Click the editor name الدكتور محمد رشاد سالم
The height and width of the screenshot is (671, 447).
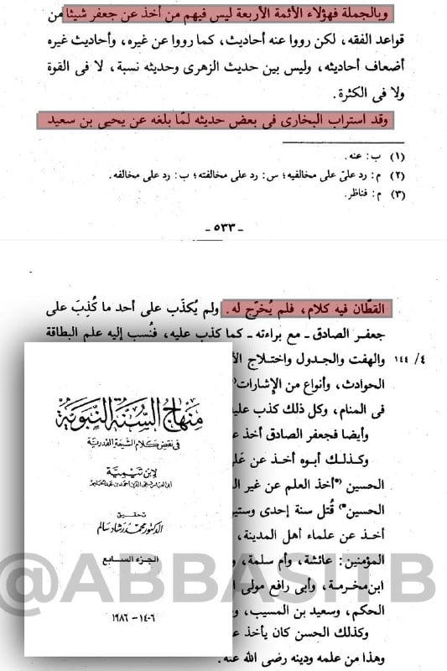[128, 526]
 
